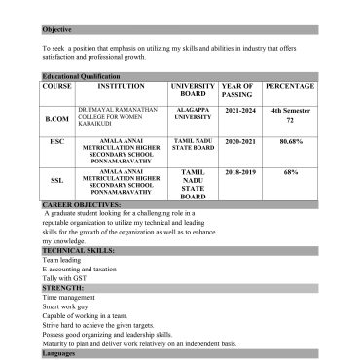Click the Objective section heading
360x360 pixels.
[x=57, y=29]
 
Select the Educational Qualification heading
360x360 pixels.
[x=83, y=75]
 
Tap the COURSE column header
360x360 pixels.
[x=57, y=86]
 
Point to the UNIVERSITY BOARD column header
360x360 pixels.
[x=193, y=90]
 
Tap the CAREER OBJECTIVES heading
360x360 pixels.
[x=82, y=206]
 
